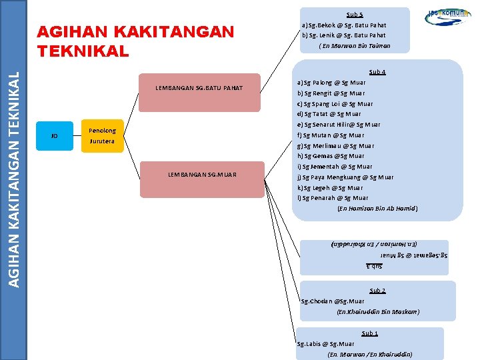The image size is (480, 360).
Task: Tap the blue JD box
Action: point(54,136)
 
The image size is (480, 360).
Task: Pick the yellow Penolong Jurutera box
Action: point(102,136)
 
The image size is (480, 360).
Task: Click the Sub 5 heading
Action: point(355,14)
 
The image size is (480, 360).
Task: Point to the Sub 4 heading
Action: point(377,72)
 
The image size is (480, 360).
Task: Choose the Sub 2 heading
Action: point(377,291)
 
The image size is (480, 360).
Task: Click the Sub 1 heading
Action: point(369,333)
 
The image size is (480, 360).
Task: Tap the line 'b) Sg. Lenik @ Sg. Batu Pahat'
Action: point(343,35)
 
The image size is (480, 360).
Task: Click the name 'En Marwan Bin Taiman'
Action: point(355,46)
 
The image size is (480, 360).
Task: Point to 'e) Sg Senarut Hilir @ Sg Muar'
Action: point(339,125)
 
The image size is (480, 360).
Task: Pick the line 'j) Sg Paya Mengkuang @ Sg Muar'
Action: point(345,177)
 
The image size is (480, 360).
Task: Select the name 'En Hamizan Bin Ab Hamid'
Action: point(377,209)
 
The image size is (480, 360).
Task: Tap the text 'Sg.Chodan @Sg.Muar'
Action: point(333,301)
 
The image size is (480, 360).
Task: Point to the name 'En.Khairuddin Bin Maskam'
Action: point(378,312)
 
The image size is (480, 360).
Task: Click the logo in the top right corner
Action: point(448,16)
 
